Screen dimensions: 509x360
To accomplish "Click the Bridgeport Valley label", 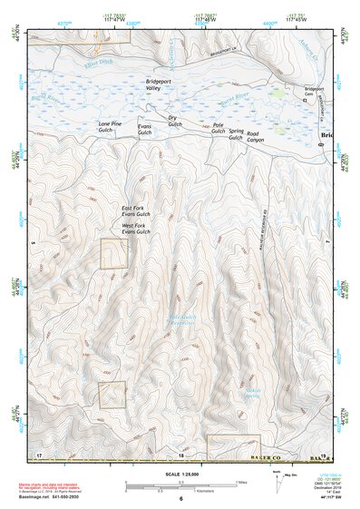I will [159, 84].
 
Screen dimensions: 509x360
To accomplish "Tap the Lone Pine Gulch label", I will [115, 126].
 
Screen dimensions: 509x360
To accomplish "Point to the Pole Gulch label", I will [218, 128].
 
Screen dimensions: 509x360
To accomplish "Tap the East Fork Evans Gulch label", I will [135, 211].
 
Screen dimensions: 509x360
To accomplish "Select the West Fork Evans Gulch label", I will [135, 230].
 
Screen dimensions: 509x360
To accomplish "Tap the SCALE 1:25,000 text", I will [180, 475].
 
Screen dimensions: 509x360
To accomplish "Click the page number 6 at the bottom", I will [181, 499].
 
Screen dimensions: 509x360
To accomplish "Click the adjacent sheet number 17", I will [39, 453].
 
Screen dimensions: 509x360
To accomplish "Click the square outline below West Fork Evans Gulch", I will [113, 253].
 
